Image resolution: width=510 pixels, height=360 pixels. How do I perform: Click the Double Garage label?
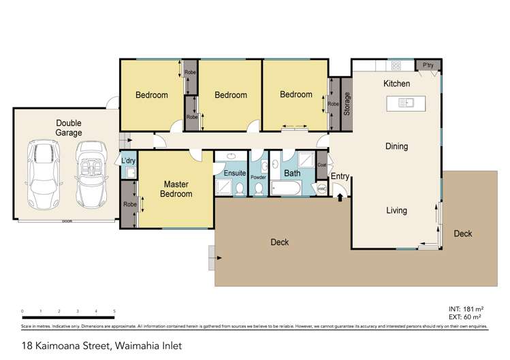click(x=69, y=128)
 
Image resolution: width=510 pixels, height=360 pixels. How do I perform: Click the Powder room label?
click(x=258, y=178)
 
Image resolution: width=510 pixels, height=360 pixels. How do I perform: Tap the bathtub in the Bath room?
click(x=285, y=188)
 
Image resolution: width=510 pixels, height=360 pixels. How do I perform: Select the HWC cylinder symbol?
click(x=322, y=189)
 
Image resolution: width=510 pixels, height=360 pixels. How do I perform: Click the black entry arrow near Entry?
click(x=340, y=197)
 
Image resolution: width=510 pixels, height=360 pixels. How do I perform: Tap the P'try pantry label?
click(x=428, y=65)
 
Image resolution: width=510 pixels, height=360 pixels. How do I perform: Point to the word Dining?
click(x=396, y=146)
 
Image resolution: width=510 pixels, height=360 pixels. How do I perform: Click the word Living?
click(x=396, y=210)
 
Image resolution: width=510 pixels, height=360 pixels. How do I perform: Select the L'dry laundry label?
click(x=128, y=160)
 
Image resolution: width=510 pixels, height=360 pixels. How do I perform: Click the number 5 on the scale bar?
click(x=114, y=311)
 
